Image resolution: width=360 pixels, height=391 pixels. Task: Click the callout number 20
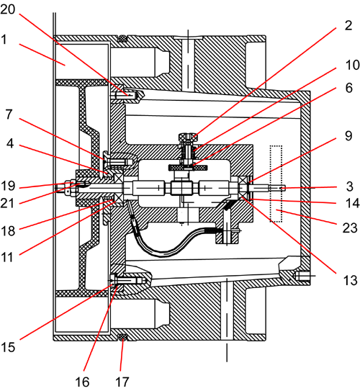coord(7,9)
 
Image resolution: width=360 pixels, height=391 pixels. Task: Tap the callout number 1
coord(4,40)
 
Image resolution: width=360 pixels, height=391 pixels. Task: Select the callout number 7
coord(9,114)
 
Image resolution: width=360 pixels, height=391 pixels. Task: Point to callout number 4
coord(9,143)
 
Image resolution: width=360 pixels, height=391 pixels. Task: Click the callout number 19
coord(8,186)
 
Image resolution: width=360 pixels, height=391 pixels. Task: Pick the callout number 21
coord(7,203)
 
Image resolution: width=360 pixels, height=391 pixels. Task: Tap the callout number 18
coord(8,231)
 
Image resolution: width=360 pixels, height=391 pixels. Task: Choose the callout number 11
coord(7,257)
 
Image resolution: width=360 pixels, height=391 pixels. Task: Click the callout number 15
coord(8,346)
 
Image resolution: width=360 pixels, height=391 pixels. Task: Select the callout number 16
coord(82,382)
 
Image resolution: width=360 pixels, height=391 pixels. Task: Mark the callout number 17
coord(122,382)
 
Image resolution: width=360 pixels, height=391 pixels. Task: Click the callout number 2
coord(348,25)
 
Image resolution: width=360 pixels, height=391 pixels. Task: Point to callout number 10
coord(353,65)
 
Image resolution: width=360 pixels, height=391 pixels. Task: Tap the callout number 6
coord(349,88)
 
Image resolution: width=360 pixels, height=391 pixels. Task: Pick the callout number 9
coord(348,136)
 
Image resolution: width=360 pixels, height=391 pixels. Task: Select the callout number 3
coord(350,186)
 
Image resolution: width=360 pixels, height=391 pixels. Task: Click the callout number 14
coord(353,203)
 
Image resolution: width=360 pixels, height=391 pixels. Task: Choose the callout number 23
coord(350,228)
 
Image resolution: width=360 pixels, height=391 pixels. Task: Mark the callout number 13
coord(351,280)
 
